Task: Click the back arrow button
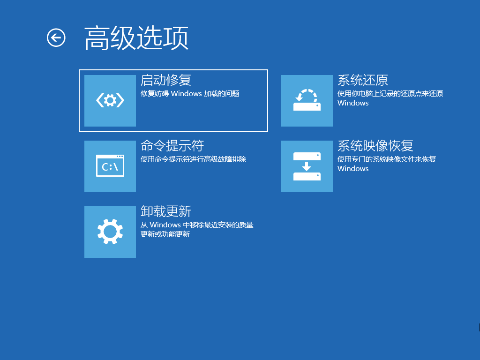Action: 56,37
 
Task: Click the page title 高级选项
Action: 136,38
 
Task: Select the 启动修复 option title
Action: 166,80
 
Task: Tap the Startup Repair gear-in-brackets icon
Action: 110,100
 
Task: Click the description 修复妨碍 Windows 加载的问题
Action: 190,94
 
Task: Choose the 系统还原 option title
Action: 363,80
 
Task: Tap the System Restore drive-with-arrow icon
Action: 307,100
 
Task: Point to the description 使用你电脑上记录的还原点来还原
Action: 390,94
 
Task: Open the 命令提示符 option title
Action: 172,146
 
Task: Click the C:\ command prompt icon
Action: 110,166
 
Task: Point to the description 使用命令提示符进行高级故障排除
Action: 193,159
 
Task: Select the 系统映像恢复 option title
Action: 375,146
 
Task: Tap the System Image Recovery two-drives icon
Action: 307,166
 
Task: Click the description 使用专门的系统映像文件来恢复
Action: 387,159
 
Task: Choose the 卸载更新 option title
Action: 166,211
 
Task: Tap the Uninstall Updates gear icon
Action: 110,232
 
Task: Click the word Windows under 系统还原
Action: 353,103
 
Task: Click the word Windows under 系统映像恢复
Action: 353,169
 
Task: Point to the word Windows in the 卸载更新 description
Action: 165,225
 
